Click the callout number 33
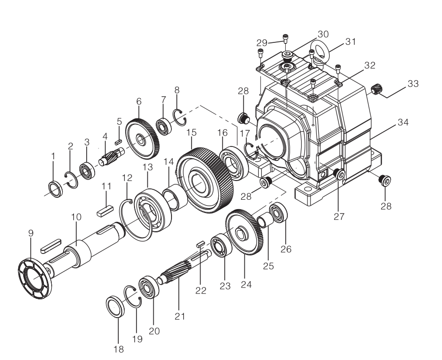pyautogui.click(x=413, y=84)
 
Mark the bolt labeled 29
pyautogui.click(x=285, y=36)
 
